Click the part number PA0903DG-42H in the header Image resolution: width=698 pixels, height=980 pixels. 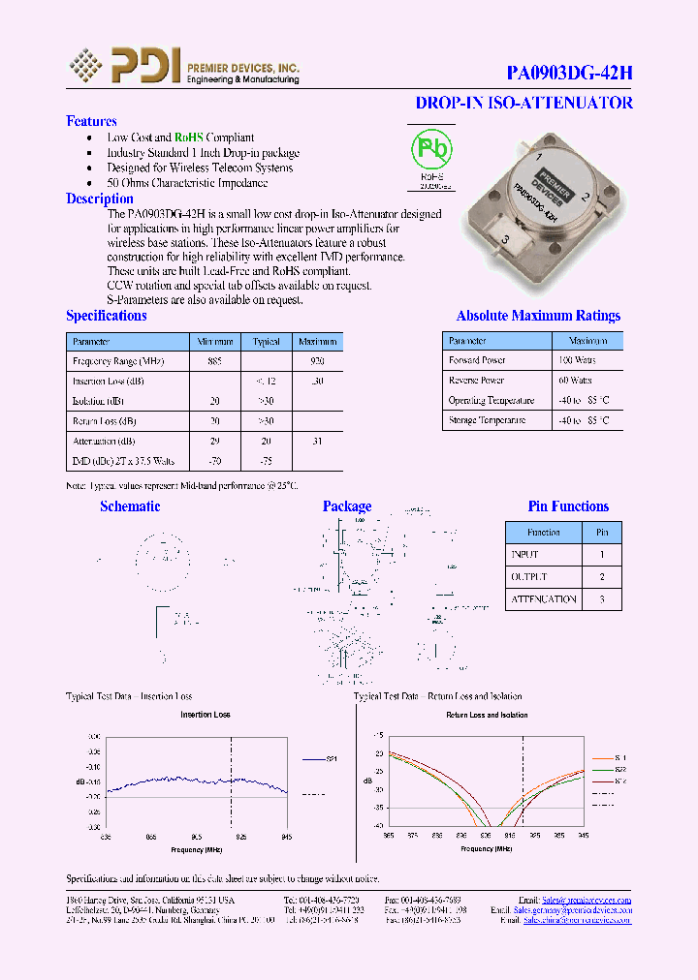click(x=570, y=73)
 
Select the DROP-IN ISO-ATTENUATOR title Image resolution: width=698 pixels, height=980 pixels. click(x=523, y=103)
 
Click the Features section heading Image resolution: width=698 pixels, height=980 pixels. click(x=91, y=121)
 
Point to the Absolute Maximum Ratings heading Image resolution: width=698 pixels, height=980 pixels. click(x=538, y=316)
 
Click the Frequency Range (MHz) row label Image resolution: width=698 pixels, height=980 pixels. click(x=107, y=360)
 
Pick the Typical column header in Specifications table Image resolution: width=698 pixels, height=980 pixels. click(x=266, y=342)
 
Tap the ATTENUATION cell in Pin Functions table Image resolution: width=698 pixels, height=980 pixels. click(x=543, y=599)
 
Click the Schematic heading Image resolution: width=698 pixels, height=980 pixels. click(x=130, y=506)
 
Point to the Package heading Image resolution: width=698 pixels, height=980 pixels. click(x=346, y=506)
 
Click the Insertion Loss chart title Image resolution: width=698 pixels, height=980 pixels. click(x=206, y=715)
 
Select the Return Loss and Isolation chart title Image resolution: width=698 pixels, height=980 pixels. click(x=487, y=715)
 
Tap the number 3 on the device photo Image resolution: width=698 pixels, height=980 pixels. click(x=506, y=238)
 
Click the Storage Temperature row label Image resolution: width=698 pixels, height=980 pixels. click(x=487, y=420)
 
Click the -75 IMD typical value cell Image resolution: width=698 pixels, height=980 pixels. click(x=266, y=461)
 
